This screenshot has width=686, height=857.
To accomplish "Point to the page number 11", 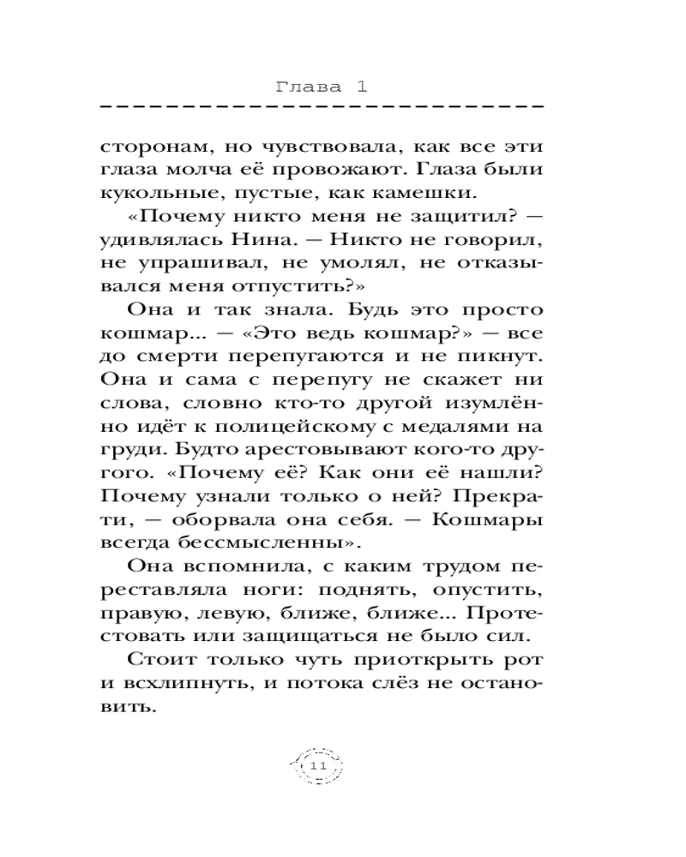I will point(318,765).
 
